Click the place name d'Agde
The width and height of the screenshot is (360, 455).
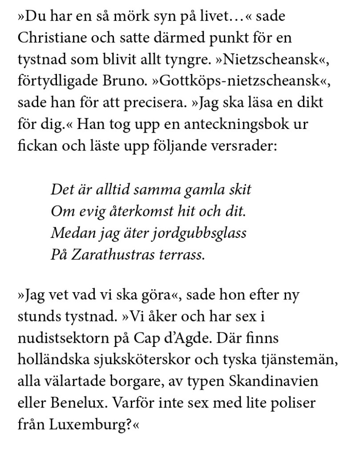(x=194, y=339)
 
